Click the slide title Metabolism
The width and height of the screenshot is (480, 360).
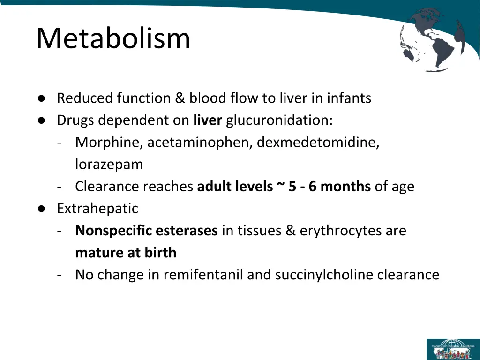coord(113,38)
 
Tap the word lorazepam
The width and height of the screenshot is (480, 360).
coord(109,165)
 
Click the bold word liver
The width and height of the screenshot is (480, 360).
coord(207,120)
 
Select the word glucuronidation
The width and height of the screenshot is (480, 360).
coord(279,120)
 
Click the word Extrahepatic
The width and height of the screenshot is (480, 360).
coord(97,208)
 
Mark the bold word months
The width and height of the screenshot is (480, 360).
coord(345,187)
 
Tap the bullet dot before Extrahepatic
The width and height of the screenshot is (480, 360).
coord(42,209)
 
